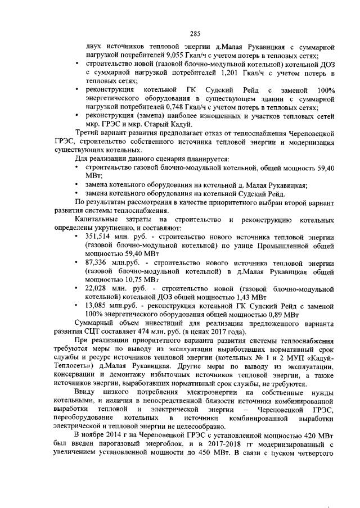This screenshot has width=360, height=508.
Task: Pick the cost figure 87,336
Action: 97,262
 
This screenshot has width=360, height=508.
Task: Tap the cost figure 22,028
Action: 97,288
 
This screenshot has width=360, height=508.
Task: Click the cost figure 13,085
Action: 97,306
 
